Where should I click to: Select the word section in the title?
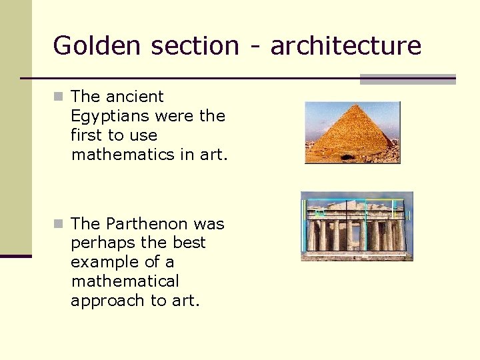[195, 45]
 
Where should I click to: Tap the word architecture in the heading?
[346, 45]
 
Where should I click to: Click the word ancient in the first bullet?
[135, 97]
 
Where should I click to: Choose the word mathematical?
[125, 281]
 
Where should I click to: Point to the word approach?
[108, 301]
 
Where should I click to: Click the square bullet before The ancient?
[59, 97]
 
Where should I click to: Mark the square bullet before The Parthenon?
[59, 224]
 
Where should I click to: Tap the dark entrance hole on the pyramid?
[347, 157]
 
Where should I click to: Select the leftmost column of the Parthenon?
[312, 235]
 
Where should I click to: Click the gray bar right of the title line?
[407, 79]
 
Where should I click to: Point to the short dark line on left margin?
[15, 255]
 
